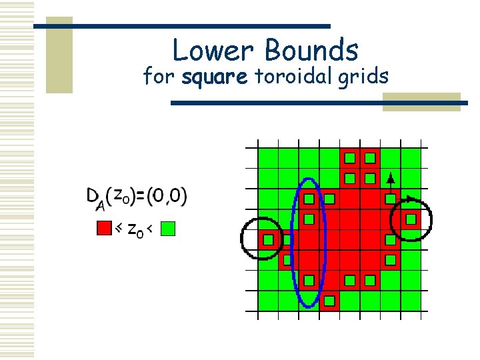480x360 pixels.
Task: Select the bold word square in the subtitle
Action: click(215, 78)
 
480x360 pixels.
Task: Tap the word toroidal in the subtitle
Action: click(294, 77)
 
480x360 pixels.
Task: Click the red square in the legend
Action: click(104, 229)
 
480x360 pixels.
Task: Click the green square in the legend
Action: click(168, 229)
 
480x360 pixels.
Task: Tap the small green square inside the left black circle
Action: click(268, 239)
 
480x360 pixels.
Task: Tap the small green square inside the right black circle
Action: click(411, 219)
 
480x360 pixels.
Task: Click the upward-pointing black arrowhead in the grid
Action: click(391, 178)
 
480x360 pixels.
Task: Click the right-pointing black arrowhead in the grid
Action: click(411, 198)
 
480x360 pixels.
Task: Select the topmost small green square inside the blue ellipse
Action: click(309, 199)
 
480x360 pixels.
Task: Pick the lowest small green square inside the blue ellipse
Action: click(309, 280)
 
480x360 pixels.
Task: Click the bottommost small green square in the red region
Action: click(329, 301)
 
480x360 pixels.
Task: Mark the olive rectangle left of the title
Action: click(59, 55)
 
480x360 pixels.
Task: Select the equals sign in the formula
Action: click(141, 195)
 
